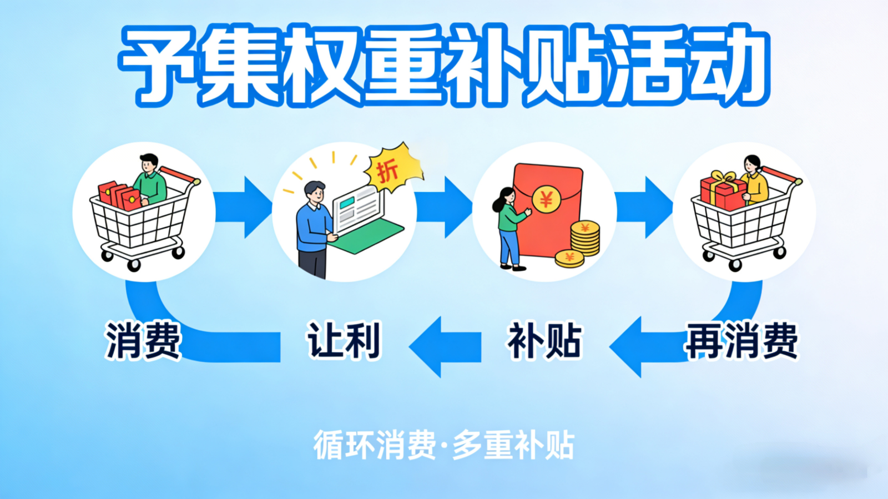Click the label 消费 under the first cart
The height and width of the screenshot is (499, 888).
point(143,340)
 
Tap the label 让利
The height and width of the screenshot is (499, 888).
point(344,340)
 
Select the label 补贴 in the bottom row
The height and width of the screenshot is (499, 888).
point(544,340)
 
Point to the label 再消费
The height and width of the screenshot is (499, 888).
point(741,340)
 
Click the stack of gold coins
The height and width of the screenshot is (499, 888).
point(585,239)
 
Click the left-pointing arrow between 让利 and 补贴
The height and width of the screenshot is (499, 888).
point(444,347)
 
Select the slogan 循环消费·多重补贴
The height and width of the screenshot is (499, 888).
point(444,445)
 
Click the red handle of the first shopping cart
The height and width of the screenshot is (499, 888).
point(179,175)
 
